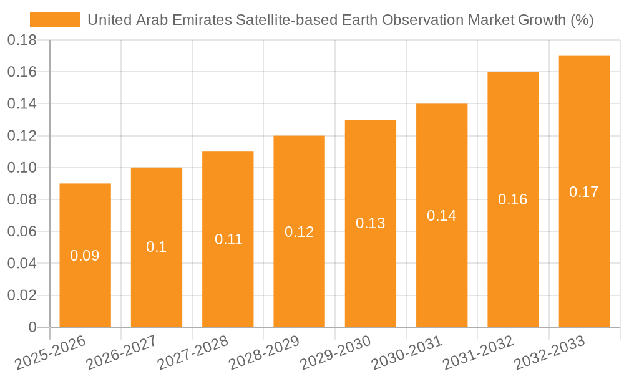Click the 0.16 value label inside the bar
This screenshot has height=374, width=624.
click(x=512, y=199)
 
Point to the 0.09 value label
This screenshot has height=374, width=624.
click(x=85, y=256)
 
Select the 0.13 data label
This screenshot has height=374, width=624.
click(x=370, y=223)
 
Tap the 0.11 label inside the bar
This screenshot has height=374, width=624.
click(x=228, y=239)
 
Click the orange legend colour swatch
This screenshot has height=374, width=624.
click(x=55, y=20)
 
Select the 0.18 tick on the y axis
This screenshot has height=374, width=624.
click(x=22, y=41)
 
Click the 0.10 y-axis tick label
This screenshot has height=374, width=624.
click(x=22, y=168)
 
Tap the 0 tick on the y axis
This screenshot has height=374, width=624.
click(x=32, y=327)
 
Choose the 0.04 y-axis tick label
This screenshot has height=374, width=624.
click(x=22, y=264)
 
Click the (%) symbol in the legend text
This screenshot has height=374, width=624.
click(x=581, y=20)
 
